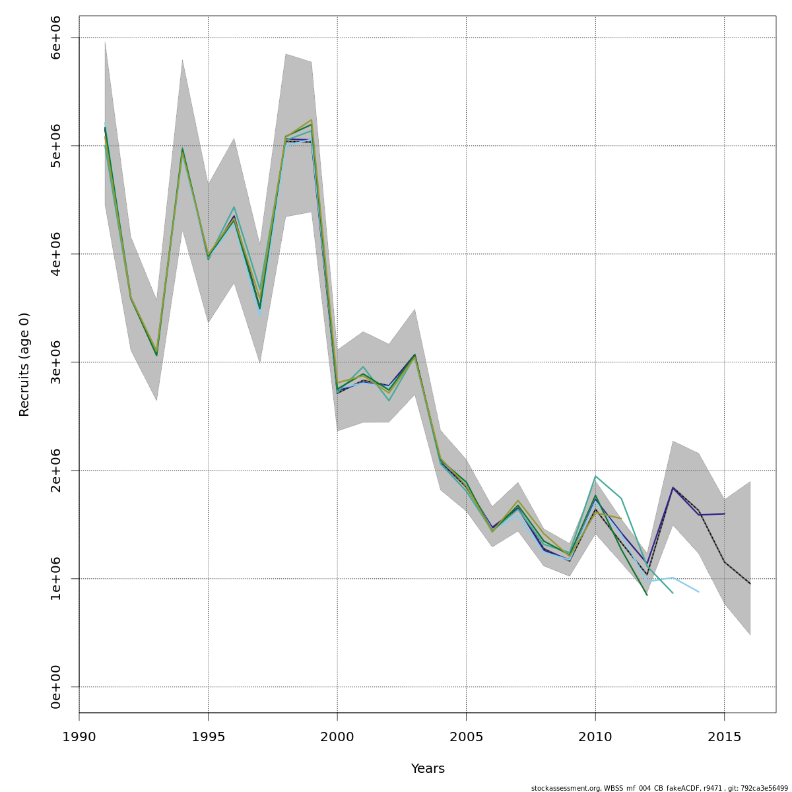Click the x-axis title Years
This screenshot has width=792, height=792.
point(428,769)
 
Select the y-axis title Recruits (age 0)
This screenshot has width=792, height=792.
point(24,364)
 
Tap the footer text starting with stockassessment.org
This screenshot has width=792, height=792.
point(659,788)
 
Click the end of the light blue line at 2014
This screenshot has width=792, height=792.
point(698,591)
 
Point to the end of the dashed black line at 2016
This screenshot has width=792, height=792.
point(750,583)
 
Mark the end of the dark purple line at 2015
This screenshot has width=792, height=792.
point(724,513)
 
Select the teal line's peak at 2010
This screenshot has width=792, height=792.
point(595,476)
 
